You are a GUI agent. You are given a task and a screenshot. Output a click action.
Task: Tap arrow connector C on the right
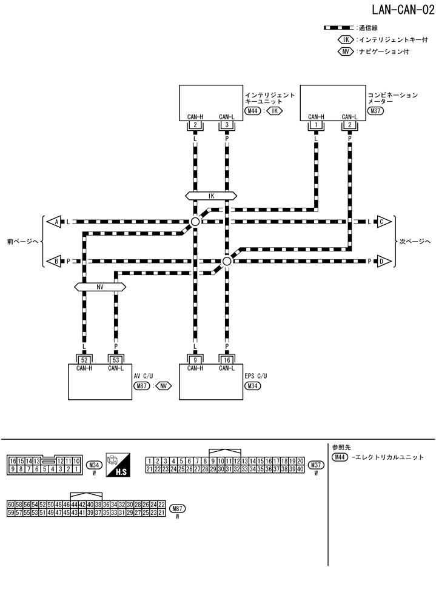coord(383,222)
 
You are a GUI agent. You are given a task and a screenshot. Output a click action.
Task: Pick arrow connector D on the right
coord(383,261)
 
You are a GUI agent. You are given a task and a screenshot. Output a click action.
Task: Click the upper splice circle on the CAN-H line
coord(195,222)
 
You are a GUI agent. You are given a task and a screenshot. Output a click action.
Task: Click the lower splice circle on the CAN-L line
coord(226,261)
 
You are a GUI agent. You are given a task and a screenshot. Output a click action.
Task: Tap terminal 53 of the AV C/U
coord(115,359)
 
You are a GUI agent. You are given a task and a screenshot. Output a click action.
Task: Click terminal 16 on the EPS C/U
coord(226,359)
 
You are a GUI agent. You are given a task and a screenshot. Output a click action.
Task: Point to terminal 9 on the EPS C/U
coord(195,359)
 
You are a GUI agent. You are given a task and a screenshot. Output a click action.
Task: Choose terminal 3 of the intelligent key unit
coord(226,125)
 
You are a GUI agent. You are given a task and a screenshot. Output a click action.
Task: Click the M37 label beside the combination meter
coord(377,111)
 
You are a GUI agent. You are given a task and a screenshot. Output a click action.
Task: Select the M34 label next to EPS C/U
coord(253,385)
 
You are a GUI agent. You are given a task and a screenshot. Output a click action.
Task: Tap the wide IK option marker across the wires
coord(211,196)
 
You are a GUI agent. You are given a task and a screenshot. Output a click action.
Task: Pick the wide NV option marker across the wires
coord(99,287)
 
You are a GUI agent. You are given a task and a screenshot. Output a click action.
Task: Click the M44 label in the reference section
coord(341,457)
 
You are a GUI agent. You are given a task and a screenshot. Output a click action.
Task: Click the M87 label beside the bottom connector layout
coord(178,509)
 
